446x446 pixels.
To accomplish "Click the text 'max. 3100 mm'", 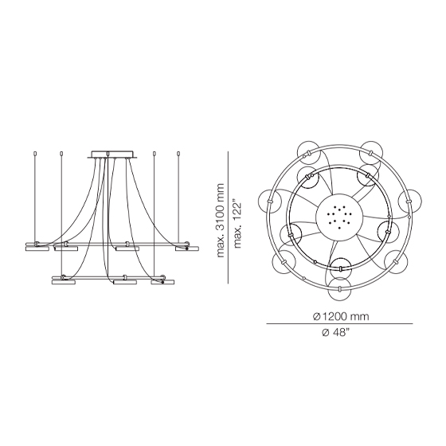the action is tap(221, 221).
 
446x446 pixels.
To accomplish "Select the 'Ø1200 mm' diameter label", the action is tap(341, 316).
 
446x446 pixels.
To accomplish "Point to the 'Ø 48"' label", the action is tap(335, 332).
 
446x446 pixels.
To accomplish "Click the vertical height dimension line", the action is tap(228, 217).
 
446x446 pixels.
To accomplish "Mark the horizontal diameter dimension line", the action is tap(339, 323).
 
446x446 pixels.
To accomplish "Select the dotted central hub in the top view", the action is tap(339, 217).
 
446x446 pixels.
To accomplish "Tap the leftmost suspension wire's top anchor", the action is tap(35, 154).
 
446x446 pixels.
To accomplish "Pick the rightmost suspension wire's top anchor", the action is tap(178, 154).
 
